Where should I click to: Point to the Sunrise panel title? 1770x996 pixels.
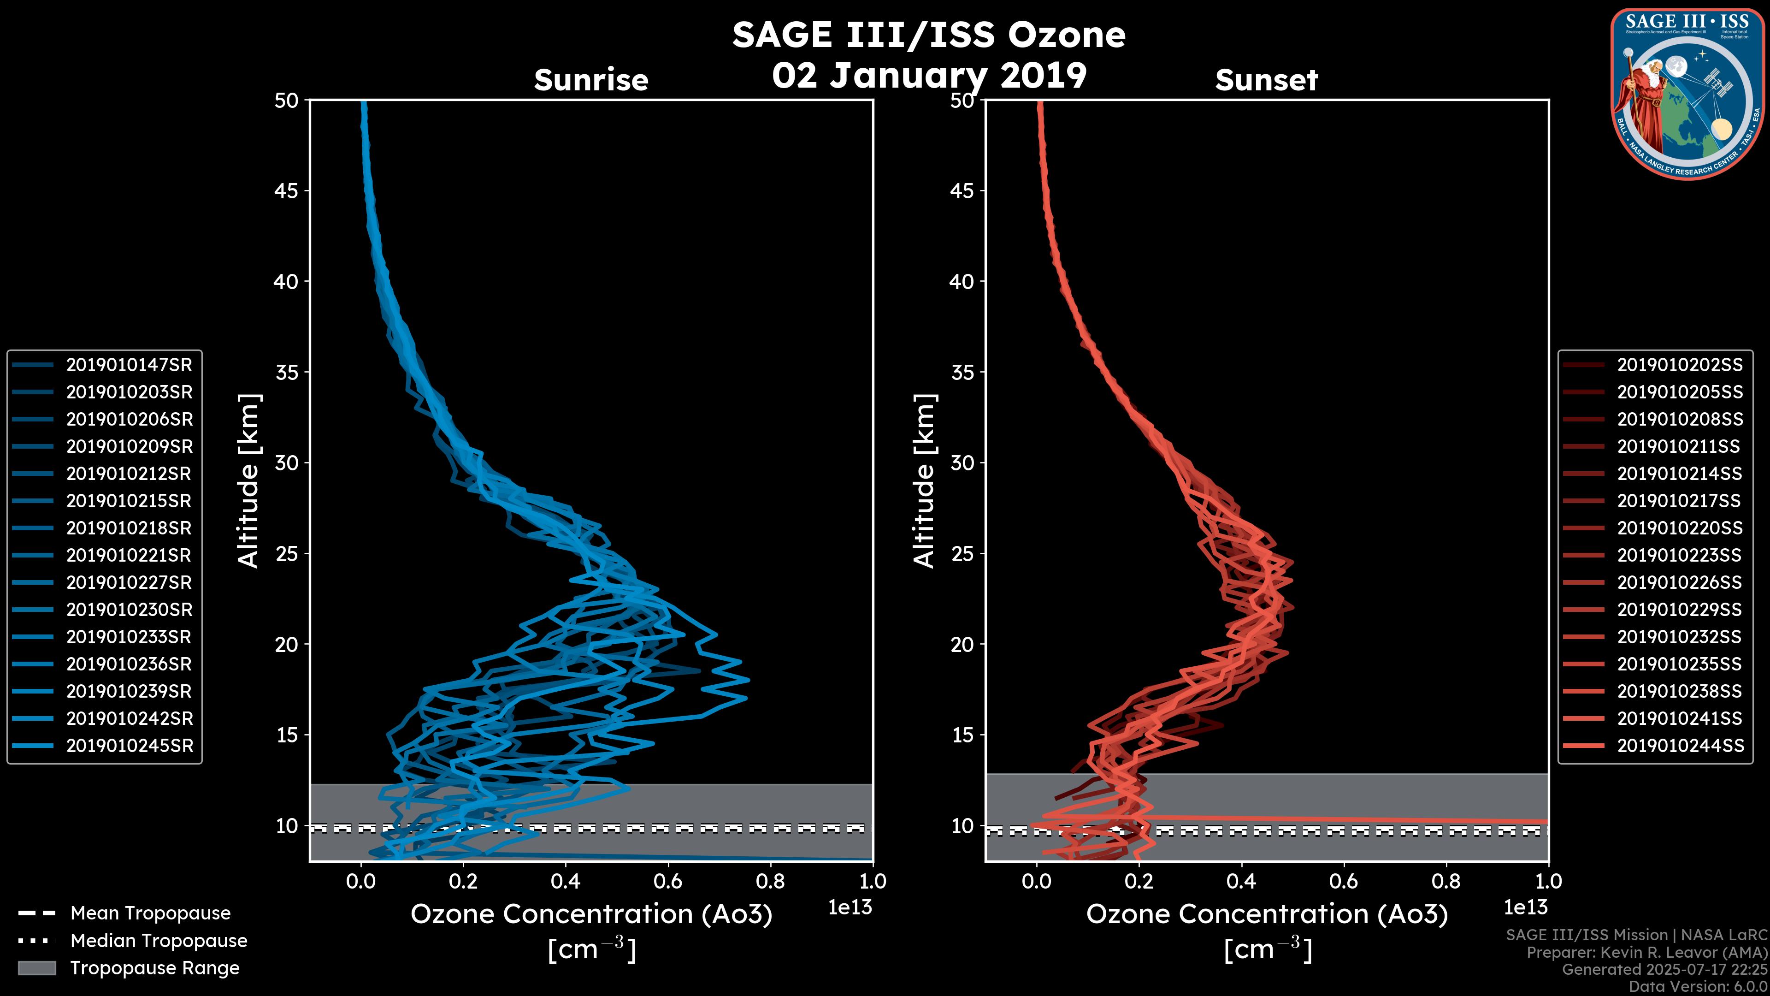tap(591, 80)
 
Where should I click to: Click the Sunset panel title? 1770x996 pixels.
tap(1266, 80)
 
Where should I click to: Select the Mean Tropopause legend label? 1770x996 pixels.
tap(150, 913)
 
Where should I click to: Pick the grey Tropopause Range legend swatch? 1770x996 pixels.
tap(37, 968)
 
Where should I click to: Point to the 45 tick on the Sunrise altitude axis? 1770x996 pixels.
tap(287, 190)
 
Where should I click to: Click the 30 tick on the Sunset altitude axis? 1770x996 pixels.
tap(962, 462)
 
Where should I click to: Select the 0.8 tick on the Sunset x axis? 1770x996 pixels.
tap(1445, 881)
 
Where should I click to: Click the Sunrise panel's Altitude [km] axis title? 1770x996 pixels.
tap(249, 480)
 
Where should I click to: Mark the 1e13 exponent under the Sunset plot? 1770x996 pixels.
tap(1525, 907)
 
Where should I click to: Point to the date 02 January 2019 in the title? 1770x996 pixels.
tap(929, 76)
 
